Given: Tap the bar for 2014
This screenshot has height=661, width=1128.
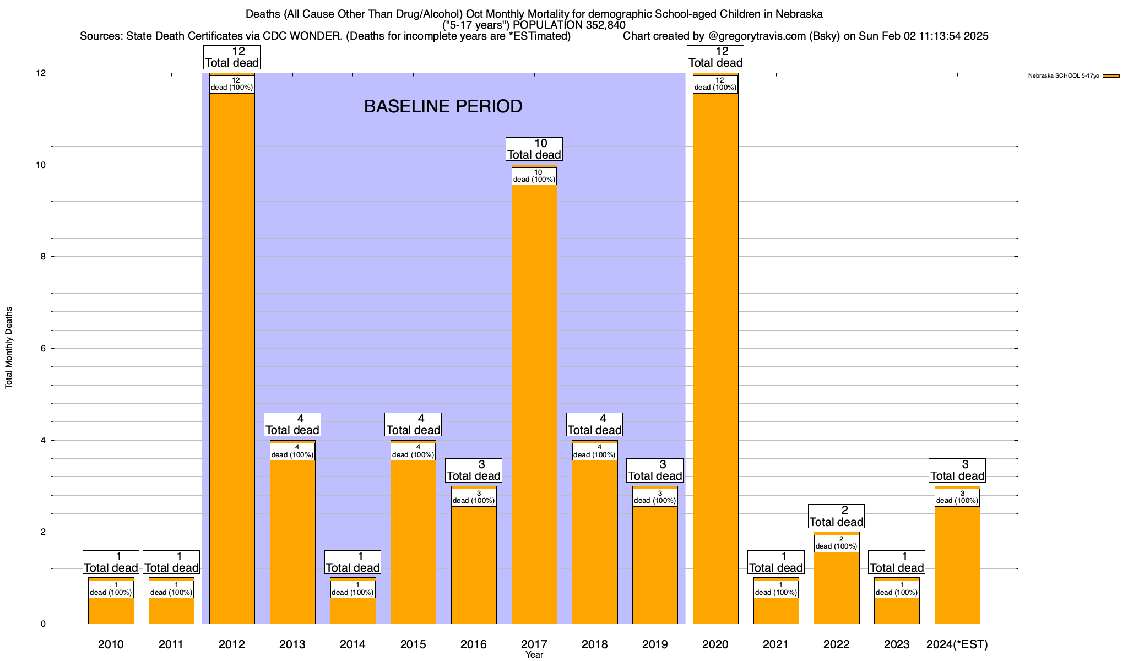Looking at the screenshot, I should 352,611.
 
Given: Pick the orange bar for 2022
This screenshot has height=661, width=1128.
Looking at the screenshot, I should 836,589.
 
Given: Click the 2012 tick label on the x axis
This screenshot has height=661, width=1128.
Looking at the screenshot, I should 231,644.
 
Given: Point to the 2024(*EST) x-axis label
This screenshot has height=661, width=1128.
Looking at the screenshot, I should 957,644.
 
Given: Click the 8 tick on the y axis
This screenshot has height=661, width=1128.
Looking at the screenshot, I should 42,257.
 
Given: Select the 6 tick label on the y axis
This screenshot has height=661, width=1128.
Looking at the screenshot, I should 42,349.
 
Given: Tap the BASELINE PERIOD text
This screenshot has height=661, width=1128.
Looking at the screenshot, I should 443,106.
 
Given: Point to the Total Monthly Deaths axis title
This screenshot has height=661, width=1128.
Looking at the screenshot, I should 9,348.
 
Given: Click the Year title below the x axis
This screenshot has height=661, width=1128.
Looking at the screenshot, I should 534,655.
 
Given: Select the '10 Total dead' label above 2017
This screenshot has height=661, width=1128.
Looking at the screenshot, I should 534,149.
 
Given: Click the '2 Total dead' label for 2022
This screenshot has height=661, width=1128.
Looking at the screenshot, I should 836,516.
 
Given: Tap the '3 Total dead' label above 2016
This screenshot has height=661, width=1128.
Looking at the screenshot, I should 473,470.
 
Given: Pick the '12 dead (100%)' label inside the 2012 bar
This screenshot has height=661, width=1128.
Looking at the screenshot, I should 231,84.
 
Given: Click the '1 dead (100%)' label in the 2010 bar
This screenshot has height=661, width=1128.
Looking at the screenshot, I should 111,589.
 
